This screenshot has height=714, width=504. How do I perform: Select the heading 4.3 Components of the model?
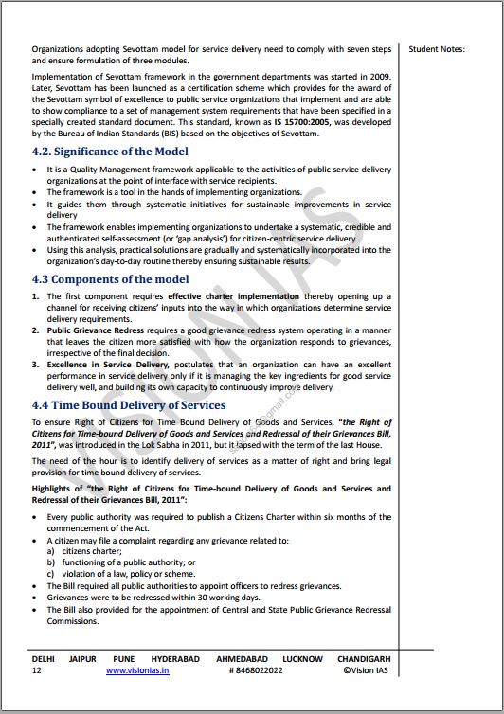tap(110, 279)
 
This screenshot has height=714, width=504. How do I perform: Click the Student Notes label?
tap(438, 48)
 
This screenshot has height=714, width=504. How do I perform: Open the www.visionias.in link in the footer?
tap(137, 669)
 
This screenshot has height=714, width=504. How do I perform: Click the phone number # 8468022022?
tap(255, 669)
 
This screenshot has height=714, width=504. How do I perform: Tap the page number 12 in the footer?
tap(36, 669)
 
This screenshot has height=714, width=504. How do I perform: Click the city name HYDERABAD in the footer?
tap(176, 658)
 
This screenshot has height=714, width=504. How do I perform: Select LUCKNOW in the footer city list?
tap(301, 658)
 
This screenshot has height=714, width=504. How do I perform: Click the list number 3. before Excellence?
tap(36, 365)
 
